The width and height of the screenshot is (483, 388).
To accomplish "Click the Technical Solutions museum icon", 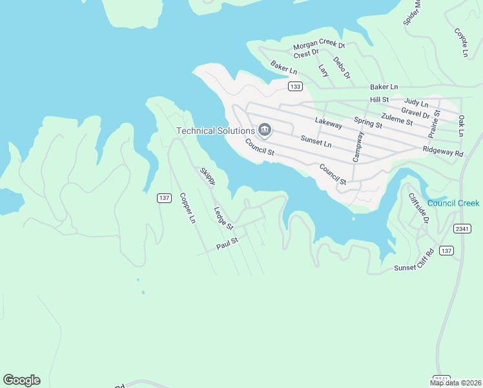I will point(264,131).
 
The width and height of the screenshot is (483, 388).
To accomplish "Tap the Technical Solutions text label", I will point(216,131).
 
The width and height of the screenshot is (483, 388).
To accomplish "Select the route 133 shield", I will point(295,87).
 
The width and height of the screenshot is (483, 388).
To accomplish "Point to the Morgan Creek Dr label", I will point(319,46).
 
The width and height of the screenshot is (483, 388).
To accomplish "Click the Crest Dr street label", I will point(306,54).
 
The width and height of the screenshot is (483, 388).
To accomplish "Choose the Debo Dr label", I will point(342,69).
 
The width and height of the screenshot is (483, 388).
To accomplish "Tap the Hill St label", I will point(379,100).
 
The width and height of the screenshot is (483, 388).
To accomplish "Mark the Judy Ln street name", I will point(416,103).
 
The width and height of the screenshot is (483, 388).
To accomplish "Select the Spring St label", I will point(369,122).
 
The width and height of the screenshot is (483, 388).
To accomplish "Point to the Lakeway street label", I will point(328,121).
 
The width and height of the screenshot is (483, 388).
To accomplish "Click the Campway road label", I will point(358,147).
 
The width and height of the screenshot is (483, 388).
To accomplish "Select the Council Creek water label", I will point(453,203).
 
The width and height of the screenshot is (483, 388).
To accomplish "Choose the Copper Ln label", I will point(187,208).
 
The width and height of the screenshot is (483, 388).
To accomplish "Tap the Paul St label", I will point(227,243).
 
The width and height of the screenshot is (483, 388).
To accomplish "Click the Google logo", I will point(21,380).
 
